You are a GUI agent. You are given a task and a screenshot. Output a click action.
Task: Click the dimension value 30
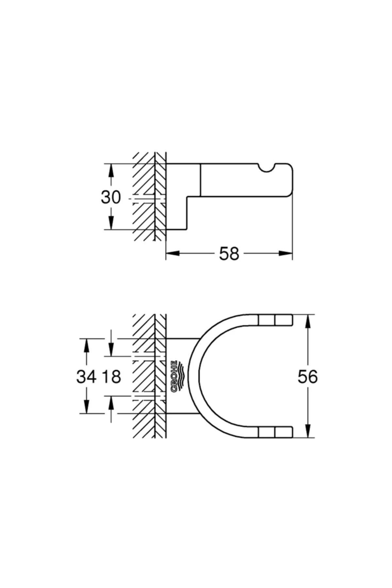coord(111,197)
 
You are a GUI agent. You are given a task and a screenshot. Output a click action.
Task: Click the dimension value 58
coord(229,253)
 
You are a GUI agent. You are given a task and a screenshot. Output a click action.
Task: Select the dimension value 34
coord(87,377)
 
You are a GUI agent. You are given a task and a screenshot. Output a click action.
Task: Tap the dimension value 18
coord(111,377)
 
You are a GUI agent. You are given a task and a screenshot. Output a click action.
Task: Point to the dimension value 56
coord(307,377)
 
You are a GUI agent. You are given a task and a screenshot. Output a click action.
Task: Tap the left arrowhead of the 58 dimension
coord(173,253)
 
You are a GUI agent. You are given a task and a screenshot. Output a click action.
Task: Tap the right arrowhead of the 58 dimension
coord(285,253)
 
